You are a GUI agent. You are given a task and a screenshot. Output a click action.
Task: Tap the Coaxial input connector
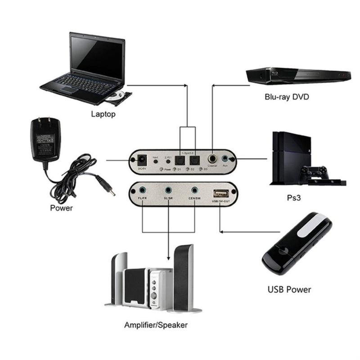[x=211, y=159]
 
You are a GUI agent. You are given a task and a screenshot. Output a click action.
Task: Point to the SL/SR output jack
[x=169, y=191]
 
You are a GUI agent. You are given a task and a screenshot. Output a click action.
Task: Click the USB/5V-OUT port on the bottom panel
[x=220, y=193]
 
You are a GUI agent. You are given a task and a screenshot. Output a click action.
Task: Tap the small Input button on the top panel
[x=156, y=163]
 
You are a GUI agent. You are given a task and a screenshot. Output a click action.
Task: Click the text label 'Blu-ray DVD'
[x=287, y=97]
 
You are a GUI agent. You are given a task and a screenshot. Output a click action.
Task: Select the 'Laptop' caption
[x=103, y=114]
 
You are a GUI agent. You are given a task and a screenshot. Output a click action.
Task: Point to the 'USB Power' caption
[x=288, y=289]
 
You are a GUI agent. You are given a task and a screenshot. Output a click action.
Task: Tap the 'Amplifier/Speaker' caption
[x=156, y=324]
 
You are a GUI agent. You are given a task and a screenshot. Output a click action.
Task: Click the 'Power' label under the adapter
[x=62, y=208]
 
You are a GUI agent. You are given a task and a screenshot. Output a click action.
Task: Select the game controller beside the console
[x=316, y=172]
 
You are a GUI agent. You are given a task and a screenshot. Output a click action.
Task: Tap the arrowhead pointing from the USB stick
[x=222, y=232]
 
